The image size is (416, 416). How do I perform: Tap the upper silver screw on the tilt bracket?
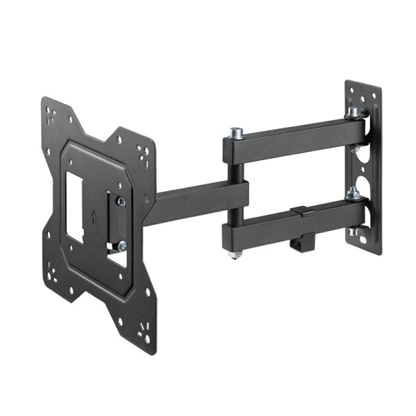point(121,201)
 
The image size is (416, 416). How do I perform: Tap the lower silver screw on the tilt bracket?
point(122,245)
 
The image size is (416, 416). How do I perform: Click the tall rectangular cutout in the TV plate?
point(73,205)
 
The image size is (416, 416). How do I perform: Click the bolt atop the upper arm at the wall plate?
point(354,112)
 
